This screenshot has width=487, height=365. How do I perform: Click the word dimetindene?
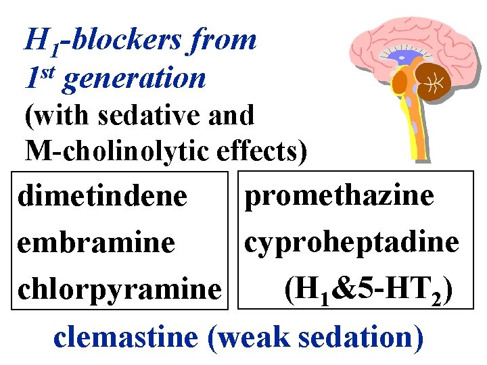click(x=102, y=197)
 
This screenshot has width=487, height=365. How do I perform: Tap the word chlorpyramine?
click(x=120, y=291)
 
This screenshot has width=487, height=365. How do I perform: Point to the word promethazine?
click(x=340, y=196)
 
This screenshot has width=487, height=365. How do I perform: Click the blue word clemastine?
click(x=126, y=336)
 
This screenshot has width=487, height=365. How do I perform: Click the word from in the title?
click(x=224, y=41)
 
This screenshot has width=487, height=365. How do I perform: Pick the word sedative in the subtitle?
click(x=140, y=116)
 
